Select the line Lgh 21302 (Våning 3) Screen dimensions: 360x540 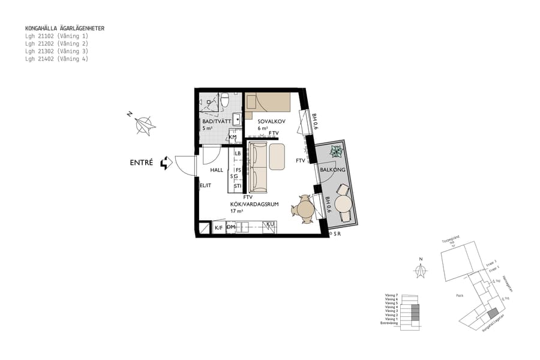coord(56,52)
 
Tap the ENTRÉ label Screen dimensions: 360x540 coord(142,163)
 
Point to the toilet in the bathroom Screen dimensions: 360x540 coord(224,100)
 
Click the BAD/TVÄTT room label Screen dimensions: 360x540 coord(216,121)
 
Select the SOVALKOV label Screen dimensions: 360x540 coord(271,121)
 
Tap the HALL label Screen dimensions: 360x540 coord(217,170)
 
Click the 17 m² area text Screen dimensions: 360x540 coord(236,211)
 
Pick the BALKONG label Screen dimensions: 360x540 coord(332,170)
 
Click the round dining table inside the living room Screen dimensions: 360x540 coord(305,209)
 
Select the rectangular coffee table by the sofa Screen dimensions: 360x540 coord(277,157)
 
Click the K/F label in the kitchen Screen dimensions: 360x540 coord(219,228)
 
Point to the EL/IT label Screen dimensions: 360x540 coord(206,186)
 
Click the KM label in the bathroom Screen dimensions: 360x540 coord(233,137)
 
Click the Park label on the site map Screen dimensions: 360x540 coord(460,295)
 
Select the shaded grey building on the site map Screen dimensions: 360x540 coord(492,313)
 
